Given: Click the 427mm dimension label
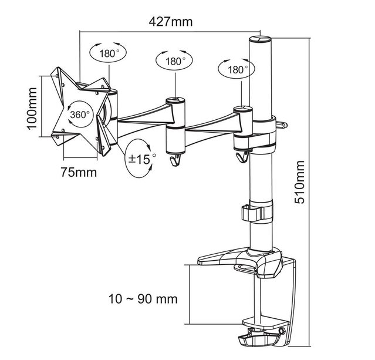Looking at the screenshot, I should (171, 22).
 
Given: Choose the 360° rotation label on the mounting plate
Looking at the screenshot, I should (80, 114).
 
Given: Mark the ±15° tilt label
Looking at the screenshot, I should (141, 158).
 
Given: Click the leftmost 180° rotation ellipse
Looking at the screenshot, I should (109, 53).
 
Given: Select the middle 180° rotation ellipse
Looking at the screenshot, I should (174, 60).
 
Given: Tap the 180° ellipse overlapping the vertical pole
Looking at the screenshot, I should (237, 69).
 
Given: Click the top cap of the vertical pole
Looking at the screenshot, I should (259, 41).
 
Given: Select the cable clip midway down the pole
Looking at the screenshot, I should (257, 213).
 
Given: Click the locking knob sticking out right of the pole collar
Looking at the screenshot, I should (282, 124).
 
